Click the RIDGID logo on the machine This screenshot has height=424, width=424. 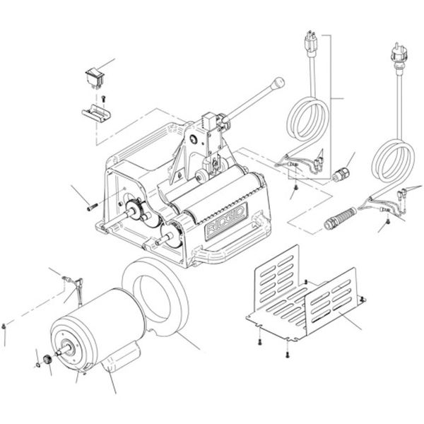(x=226, y=221)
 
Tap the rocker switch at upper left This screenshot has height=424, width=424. (x=95, y=77)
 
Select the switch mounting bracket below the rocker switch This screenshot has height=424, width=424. (x=96, y=114)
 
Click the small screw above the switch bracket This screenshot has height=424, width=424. (x=103, y=98)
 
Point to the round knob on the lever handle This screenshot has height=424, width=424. (x=278, y=83)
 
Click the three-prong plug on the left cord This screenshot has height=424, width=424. (x=310, y=43)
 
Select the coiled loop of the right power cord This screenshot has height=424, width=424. (x=393, y=161)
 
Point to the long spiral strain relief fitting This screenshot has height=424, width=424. (x=340, y=218)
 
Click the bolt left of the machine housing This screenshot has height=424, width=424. (x=92, y=207)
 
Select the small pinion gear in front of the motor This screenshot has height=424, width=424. (x=48, y=360)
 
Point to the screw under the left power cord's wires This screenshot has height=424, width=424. (x=295, y=187)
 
